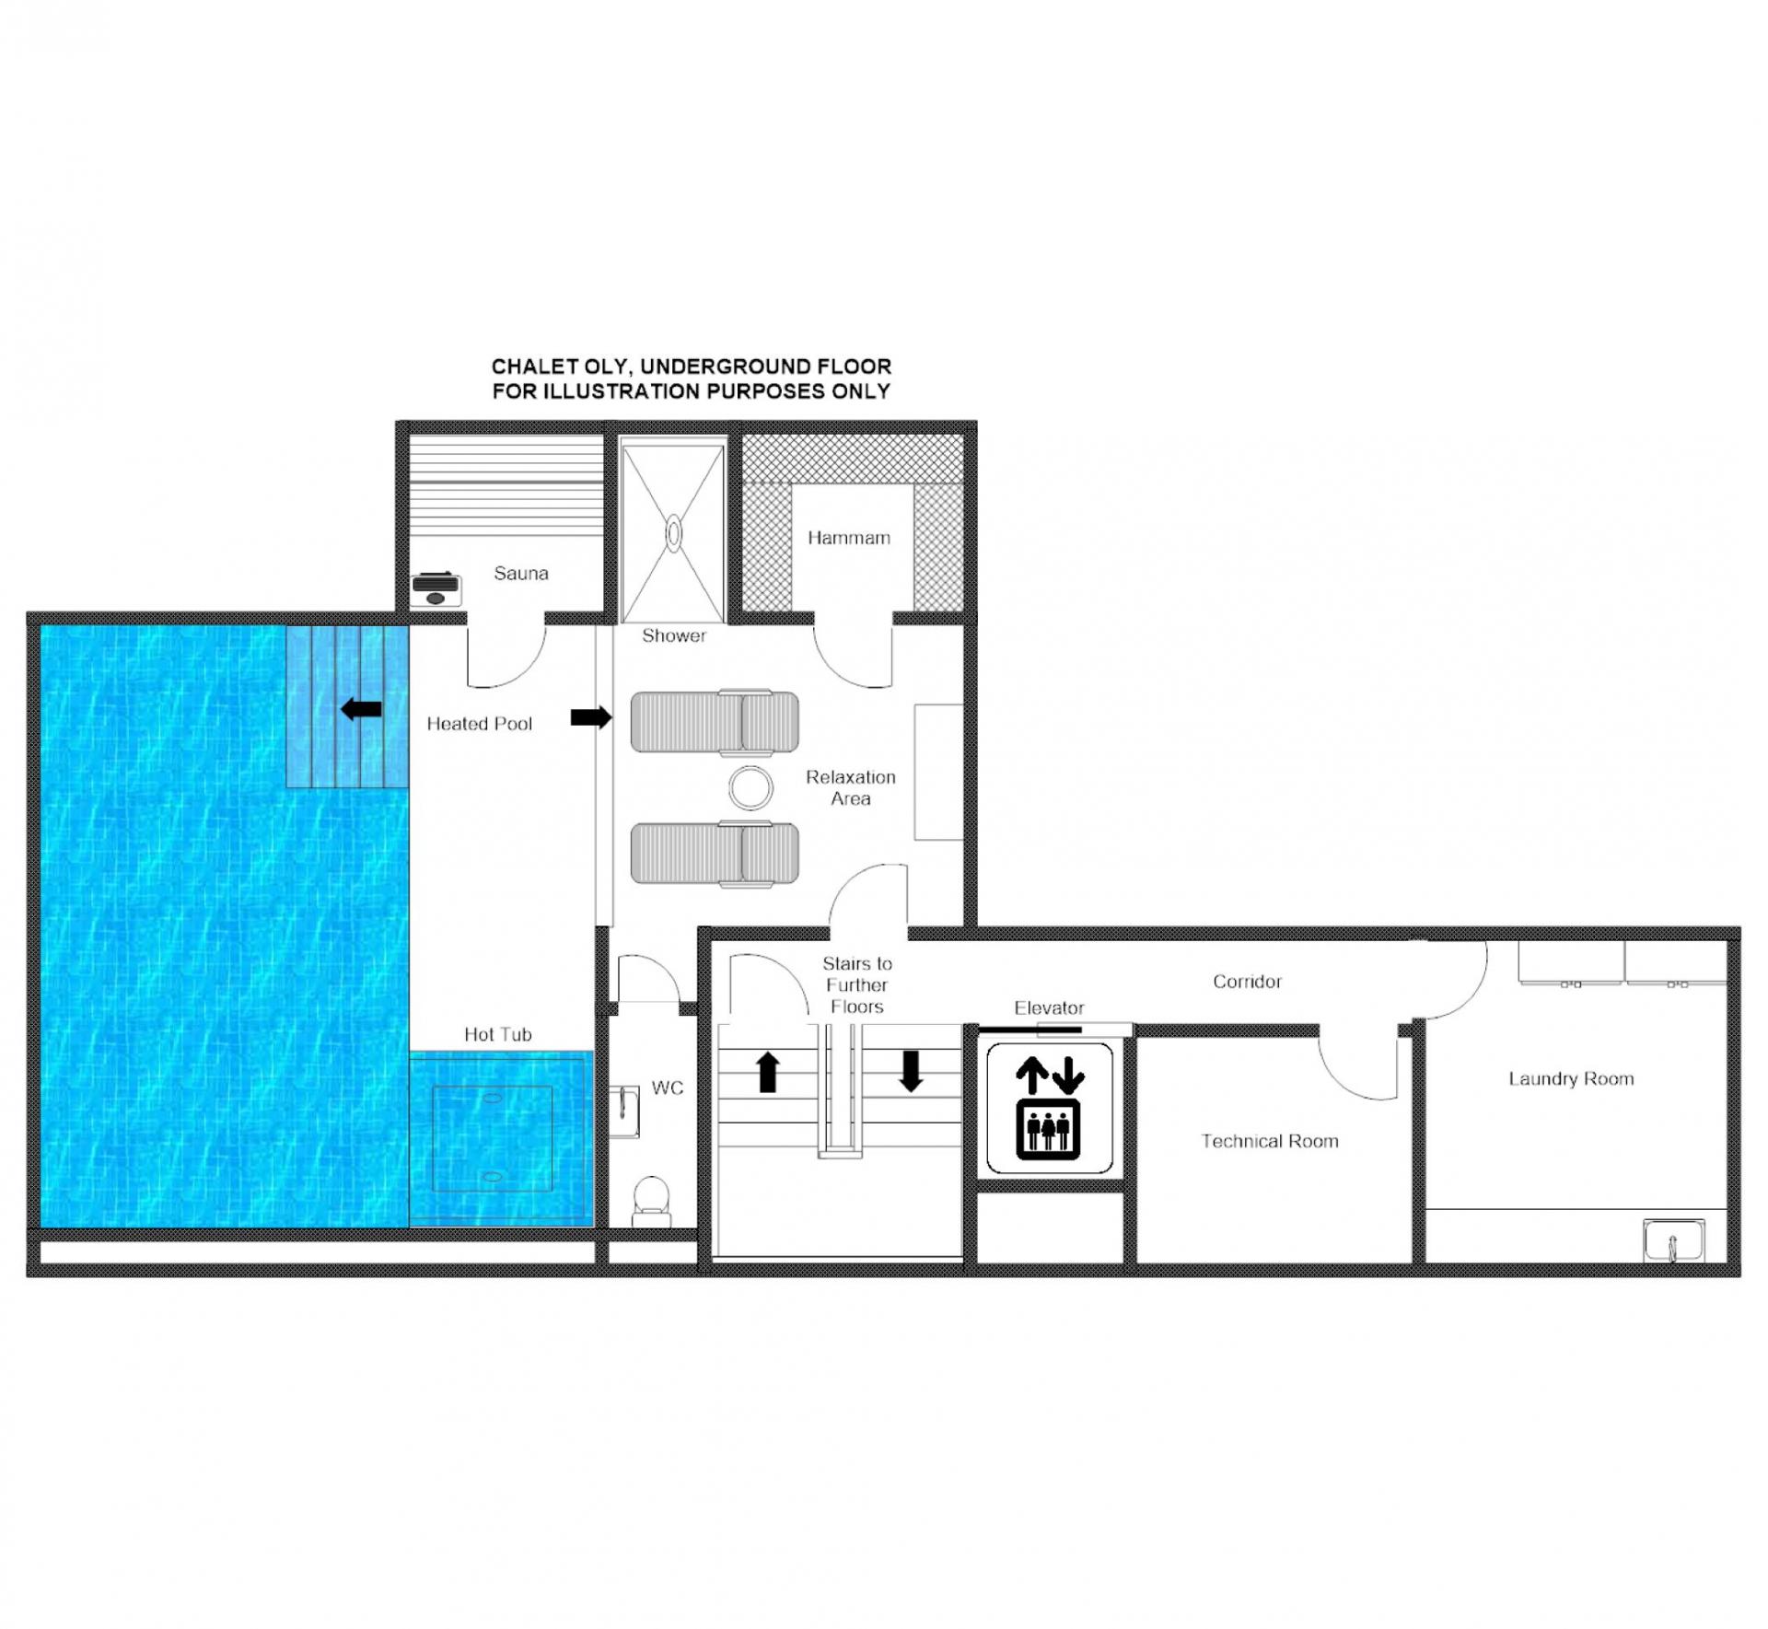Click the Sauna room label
coord(521,574)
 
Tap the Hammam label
coord(849,538)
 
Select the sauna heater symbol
coord(436,589)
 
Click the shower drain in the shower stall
coord(674,533)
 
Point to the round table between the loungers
coord(751,787)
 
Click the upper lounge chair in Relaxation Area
coord(715,721)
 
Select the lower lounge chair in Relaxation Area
coord(715,854)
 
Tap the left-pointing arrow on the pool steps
coord(361,709)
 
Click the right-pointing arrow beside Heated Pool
coord(591,717)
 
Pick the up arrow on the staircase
coord(768,1073)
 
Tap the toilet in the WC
coord(652,1201)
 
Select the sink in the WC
coord(624,1111)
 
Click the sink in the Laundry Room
coord(1674,1241)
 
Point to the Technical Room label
coord(1270,1142)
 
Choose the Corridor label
coord(1248,982)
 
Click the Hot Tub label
coord(498,1035)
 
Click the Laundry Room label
coord(1572,1079)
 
